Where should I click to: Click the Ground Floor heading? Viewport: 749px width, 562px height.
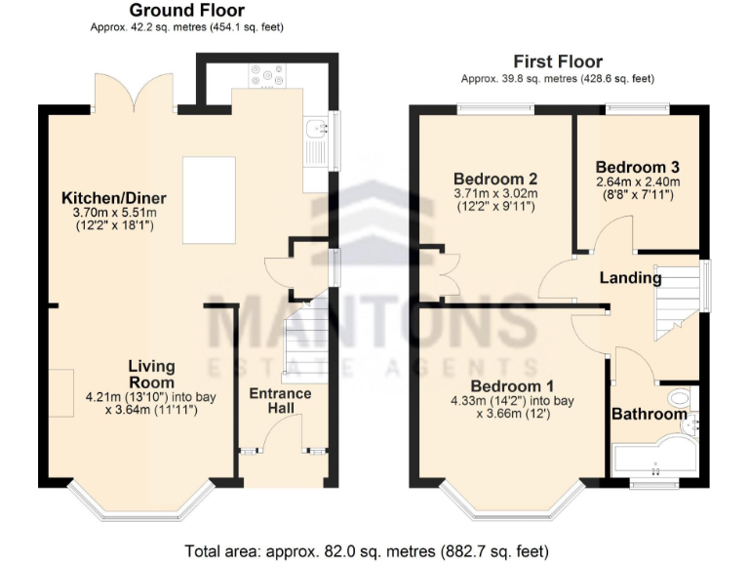186,11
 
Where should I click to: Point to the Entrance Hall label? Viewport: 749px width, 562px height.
280,401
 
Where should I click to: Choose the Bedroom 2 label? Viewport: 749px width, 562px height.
495,179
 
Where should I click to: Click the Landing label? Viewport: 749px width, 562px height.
630,278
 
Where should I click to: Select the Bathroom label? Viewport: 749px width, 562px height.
649,414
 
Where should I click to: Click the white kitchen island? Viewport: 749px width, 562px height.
209,199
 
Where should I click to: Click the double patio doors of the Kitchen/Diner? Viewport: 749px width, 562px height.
136,95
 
